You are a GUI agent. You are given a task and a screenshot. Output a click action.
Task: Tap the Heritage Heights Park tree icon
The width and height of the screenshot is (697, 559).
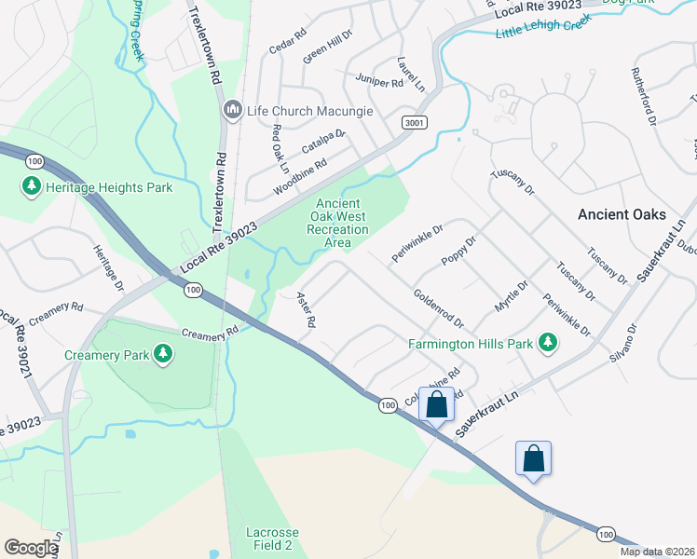[x=32, y=187]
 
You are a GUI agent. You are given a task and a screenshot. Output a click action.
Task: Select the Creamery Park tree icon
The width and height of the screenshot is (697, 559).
[x=164, y=354]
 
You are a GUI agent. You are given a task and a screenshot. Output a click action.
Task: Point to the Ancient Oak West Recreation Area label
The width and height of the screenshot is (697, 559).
[x=342, y=224]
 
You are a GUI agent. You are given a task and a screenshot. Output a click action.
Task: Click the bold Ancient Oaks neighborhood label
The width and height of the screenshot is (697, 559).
[x=622, y=214]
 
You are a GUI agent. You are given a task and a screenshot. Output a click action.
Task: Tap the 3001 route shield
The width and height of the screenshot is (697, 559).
[x=415, y=122]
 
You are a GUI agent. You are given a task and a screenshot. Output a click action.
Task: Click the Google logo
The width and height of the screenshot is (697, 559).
[x=31, y=548]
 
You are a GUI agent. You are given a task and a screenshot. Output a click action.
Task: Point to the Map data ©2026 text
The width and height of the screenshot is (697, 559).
[x=656, y=552]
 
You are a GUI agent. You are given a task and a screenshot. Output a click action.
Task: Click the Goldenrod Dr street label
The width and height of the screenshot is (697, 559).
[x=439, y=307]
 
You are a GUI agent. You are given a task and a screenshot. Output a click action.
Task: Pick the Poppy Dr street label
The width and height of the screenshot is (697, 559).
[x=458, y=251]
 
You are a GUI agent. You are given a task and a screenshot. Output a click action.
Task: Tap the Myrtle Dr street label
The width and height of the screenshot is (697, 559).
[x=511, y=297]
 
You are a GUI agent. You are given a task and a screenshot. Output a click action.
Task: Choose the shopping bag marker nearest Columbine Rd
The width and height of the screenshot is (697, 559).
[x=436, y=404]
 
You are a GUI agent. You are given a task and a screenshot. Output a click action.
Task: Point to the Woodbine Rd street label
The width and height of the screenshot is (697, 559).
[x=300, y=176]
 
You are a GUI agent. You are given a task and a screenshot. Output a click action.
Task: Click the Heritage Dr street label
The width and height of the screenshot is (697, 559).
[x=108, y=266]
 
